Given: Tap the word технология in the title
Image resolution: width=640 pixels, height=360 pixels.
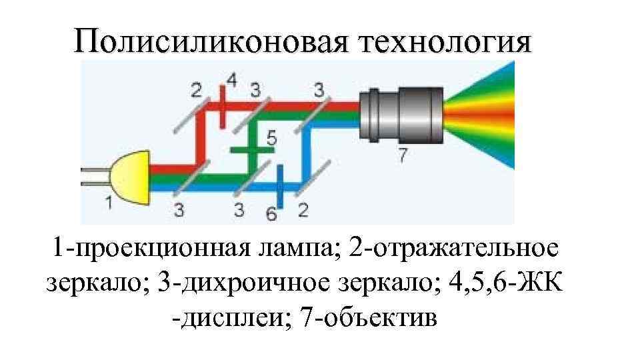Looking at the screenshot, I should (446, 42).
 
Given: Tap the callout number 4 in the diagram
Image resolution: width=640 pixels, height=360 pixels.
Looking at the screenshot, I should (231, 81).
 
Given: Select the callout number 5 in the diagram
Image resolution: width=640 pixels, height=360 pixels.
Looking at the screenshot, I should (271, 138).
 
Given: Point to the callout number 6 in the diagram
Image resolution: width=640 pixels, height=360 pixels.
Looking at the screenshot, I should (271, 213).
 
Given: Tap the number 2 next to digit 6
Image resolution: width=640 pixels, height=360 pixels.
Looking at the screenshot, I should (303, 211).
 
